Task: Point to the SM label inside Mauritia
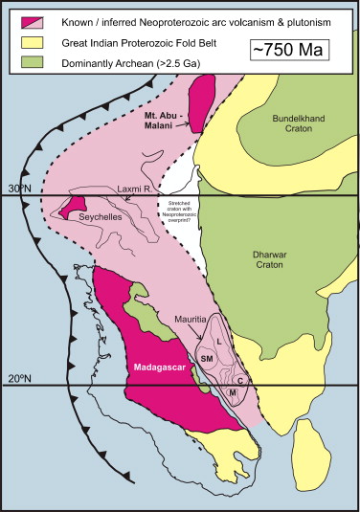pyautogui.click(x=206, y=357)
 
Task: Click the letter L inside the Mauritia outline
pyautogui.click(x=219, y=341)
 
